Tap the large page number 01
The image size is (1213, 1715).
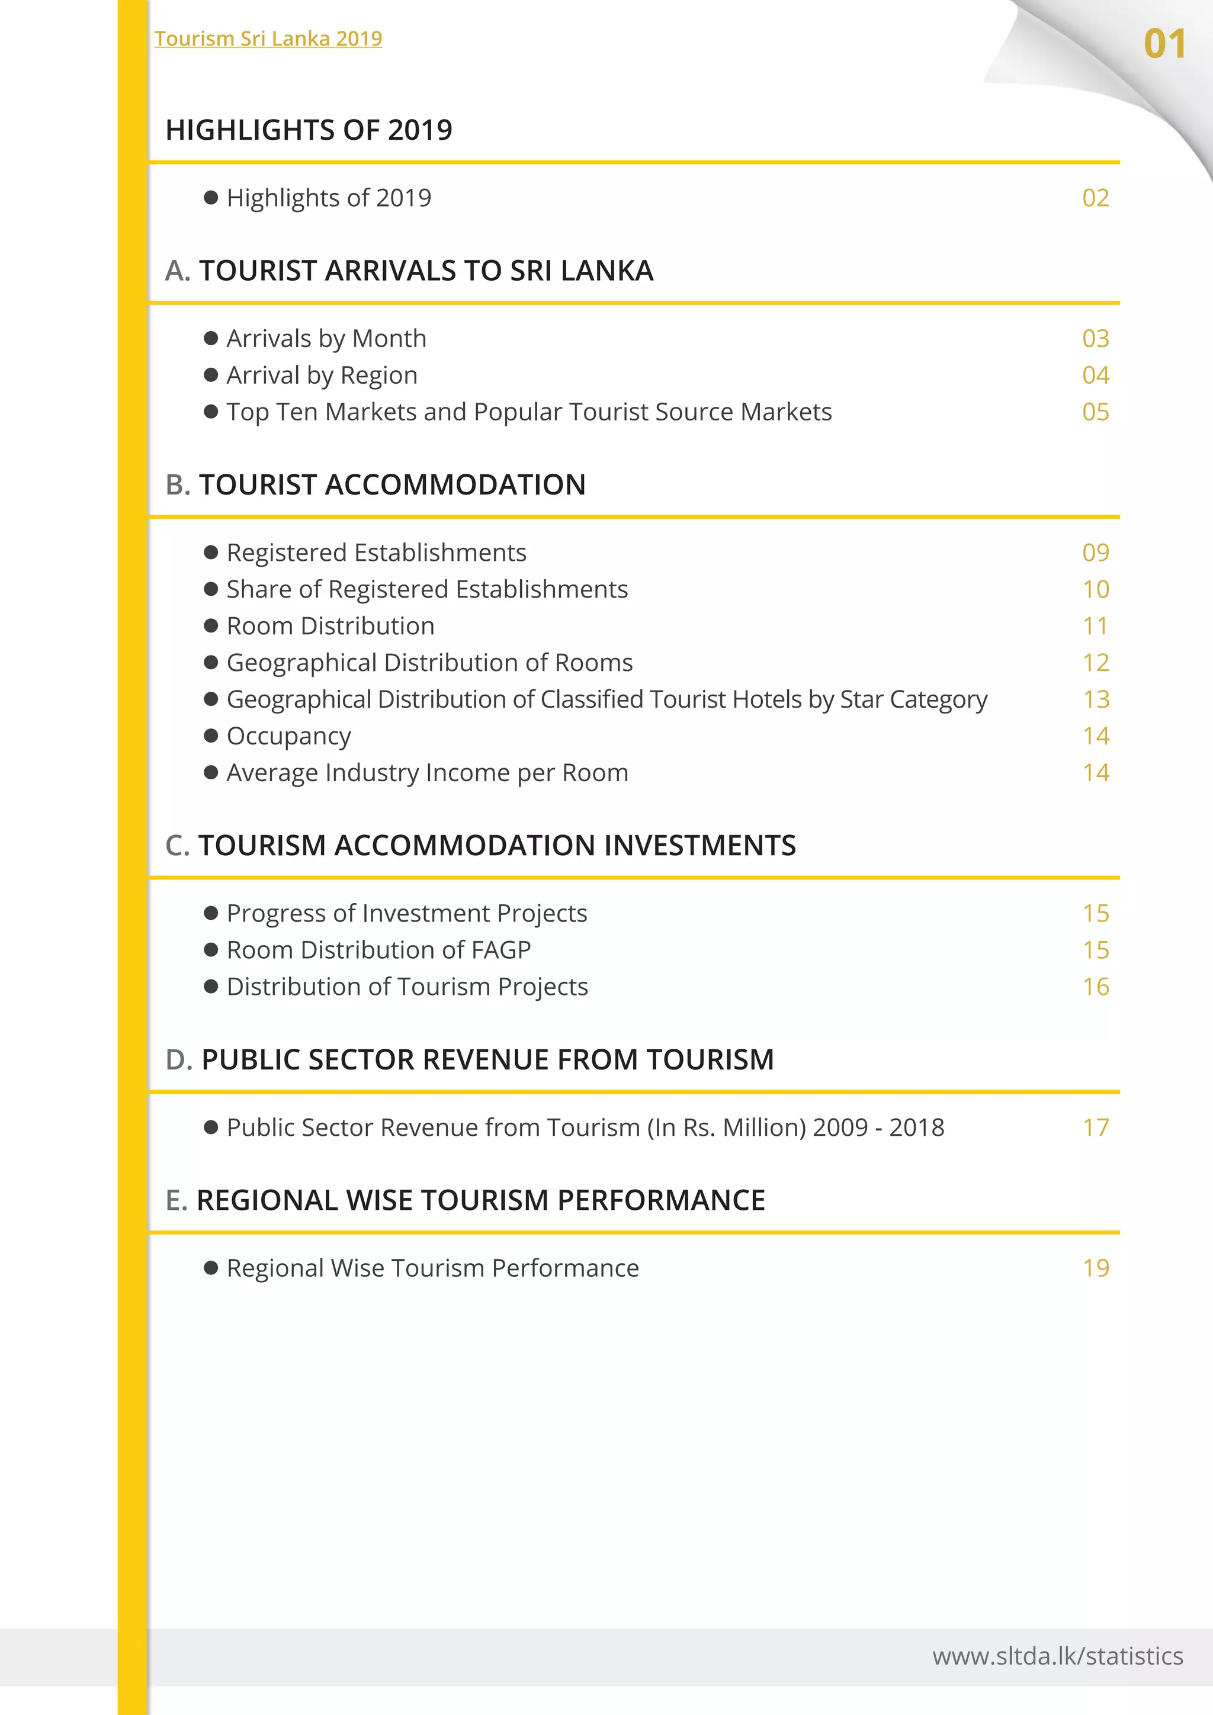click(x=1164, y=44)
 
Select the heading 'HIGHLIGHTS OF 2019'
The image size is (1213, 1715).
click(x=309, y=130)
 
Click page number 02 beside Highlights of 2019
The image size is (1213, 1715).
click(x=1095, y=198)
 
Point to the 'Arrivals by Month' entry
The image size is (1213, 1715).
click(x=326, y=338)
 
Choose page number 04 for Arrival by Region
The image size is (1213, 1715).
click(x=1095, y=375)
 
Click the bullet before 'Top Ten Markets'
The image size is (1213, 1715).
click(x=211, y=412)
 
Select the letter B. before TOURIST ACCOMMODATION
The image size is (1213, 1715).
click(x=178, y=485)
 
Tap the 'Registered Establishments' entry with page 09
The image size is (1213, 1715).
click(x=377, y=553)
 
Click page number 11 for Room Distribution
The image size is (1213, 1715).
click(x=1095, y=626)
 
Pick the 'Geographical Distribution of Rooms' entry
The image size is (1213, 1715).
click(x=429, y=663)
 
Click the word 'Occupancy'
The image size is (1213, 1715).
click(x=288, y=736)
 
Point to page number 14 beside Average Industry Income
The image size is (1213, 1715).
click(x=1096, y=772)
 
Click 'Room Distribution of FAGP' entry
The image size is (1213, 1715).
click(x=378, y=950)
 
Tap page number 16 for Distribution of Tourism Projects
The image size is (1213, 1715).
click(x=1096, y=987)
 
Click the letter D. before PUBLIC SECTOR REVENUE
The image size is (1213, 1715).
click(x=179, y=1060)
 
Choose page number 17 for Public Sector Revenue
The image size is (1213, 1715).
click(x=1096, y=1127)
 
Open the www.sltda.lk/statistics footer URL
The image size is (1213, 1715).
click(x=1057, y=1656)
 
